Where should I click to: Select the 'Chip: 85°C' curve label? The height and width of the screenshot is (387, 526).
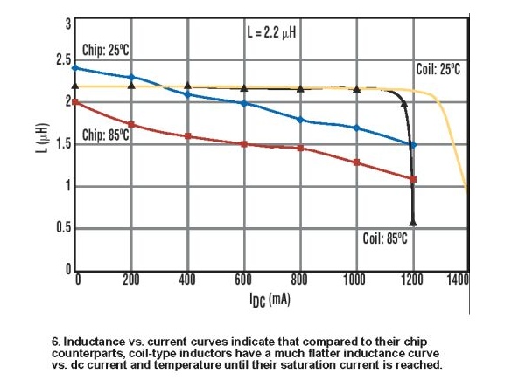pyautogui.click(x=106, y=135)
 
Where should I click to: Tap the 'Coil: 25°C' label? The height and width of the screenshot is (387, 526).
pyautogui.click(x=438, y=68)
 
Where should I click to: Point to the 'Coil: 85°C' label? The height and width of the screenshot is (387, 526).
pyautogui.click(x=387, y=239)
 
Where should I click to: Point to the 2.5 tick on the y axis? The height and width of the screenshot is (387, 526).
pyautogui.click(x=60, y=60)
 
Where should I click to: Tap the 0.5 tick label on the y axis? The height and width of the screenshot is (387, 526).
pyautogui.click(x=60, y=229)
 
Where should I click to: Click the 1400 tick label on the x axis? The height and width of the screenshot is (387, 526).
pyautogui.click(x=458, y=280)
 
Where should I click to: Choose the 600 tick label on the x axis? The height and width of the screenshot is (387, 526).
pyautogui.click(x=243, y=280)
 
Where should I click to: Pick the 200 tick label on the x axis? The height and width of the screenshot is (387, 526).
pyautogui.click(x=131, y=280)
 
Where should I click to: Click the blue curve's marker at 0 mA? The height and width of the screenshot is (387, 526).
pyautogui.click(x=75, y=67)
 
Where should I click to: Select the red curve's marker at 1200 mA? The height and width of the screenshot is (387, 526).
pyautogui.click(x=413, y=179)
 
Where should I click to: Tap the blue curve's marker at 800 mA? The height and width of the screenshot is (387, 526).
pyautogui.click(x=300, y=119)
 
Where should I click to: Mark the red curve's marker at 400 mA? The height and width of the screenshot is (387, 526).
pyautogui.click(x=187, y=135)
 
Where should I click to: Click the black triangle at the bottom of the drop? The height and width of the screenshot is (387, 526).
pyautogui.click(x=413, y=222)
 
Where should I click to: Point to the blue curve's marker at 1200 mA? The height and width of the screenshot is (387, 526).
pyautogui.click(x=413, y=145)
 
